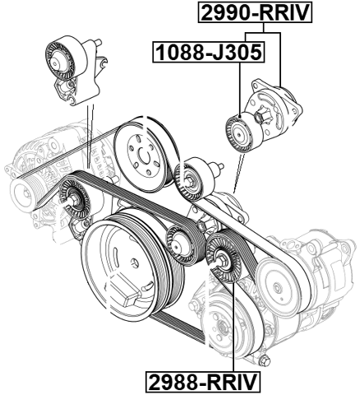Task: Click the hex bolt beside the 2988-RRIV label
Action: point(265,363)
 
